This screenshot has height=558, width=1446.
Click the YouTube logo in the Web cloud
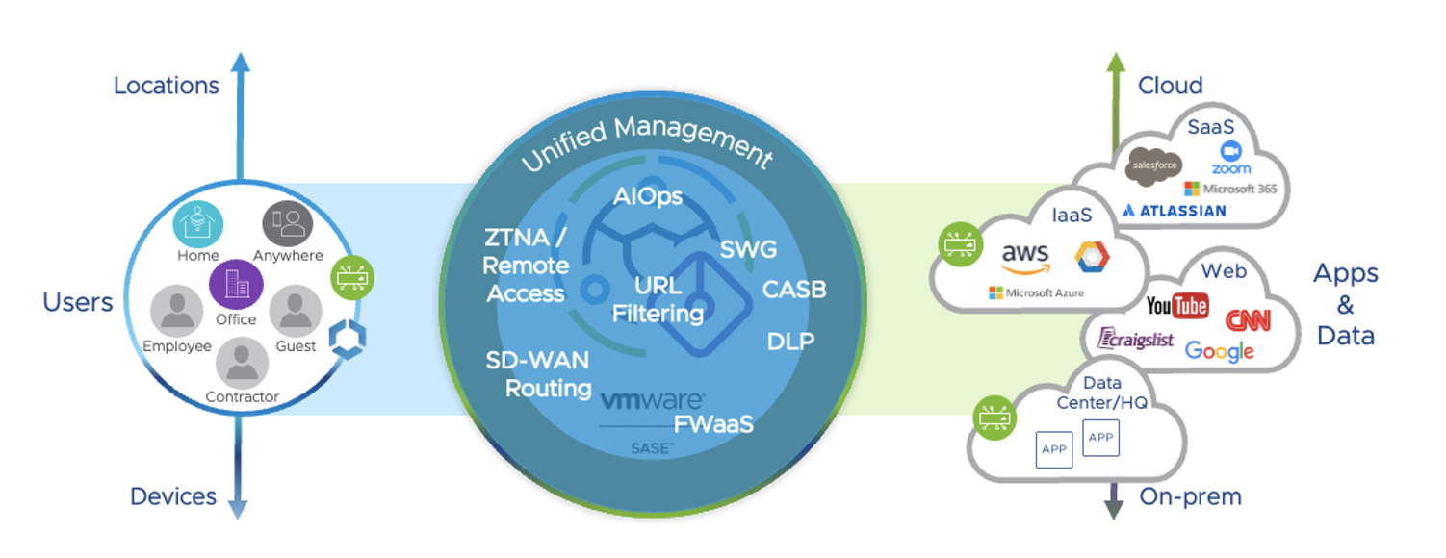(1177, 306)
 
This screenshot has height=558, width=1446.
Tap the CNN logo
(1248, 319)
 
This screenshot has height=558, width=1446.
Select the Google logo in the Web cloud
(1220, 351)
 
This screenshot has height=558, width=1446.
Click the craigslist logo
(1136, 339)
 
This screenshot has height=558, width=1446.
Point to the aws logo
(1024, 257)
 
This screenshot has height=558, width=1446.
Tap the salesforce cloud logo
(1154, 166)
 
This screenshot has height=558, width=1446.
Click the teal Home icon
(198, 224)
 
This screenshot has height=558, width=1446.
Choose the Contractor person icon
(242, 364)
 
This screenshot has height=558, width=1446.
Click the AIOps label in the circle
(647, 197)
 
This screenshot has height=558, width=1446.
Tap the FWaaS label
(712, 424)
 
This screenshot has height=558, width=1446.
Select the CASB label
(794, 289)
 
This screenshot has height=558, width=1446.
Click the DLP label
(790, 341)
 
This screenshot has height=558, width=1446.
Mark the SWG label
(748, 250)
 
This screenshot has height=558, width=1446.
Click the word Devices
(173, 496)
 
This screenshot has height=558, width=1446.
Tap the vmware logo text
(652, 400)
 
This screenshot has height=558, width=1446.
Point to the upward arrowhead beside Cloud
(1115, 63)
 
